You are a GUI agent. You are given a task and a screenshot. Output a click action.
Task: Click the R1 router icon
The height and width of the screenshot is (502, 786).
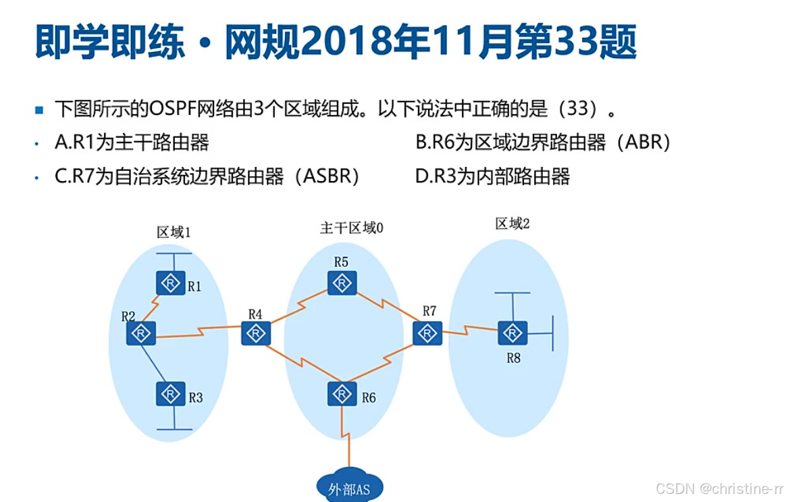[x=171, y=283]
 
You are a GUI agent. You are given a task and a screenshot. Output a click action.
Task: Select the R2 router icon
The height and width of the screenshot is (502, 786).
[x=141, y=333]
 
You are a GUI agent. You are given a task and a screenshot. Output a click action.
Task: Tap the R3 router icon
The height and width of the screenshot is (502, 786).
[x=171, y=394]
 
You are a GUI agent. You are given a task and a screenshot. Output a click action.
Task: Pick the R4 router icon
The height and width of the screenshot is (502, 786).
[x=256, y=333]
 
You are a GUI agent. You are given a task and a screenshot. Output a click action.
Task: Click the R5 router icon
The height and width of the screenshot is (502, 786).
[x=342, y=282]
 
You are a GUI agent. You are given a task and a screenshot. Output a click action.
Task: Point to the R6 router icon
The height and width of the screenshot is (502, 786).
[x=342, y=394]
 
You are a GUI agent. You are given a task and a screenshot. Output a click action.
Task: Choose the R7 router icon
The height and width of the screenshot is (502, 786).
[x=427, y=333]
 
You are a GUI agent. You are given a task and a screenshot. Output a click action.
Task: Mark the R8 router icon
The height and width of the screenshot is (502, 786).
[x=513, y=333]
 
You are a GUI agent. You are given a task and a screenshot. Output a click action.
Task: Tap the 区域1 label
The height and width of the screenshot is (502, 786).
[x=174, y=232]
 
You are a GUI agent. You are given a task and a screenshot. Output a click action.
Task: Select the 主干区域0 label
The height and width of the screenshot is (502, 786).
[x=351, y=228]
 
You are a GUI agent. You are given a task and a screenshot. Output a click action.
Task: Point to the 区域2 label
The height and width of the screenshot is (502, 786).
[x=513, y=224]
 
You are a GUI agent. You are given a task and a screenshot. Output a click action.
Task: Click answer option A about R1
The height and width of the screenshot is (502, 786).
[x=132, y=143]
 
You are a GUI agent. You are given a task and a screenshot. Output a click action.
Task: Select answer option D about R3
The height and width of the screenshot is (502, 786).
[x=492, y=177]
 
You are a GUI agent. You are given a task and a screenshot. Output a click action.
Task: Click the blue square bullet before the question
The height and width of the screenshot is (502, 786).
[x=39, y=109]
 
